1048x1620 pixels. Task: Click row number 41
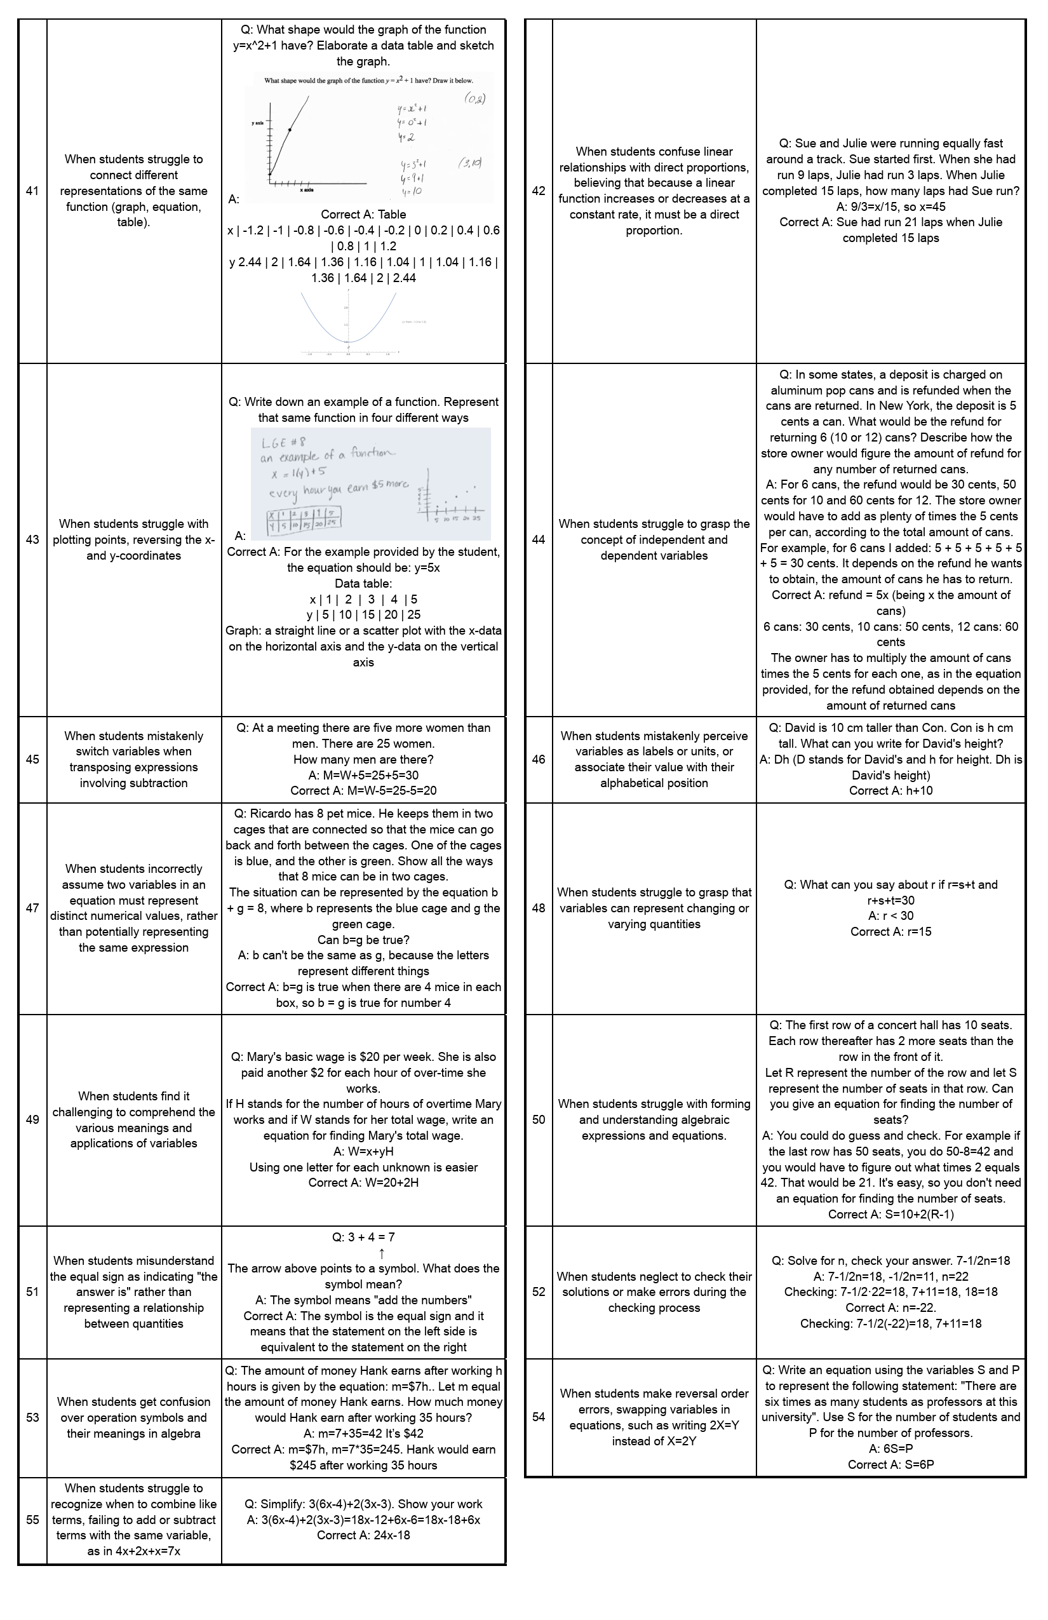coord(32,191)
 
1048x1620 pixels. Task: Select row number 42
coord(539,191)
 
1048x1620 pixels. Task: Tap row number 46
coord(539,760)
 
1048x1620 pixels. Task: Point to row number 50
coord(539,1119)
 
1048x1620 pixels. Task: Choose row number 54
coord(539,1417)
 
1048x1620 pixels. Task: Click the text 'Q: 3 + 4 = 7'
coord(363,1238)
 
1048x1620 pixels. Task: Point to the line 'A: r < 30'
coord(890,916)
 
